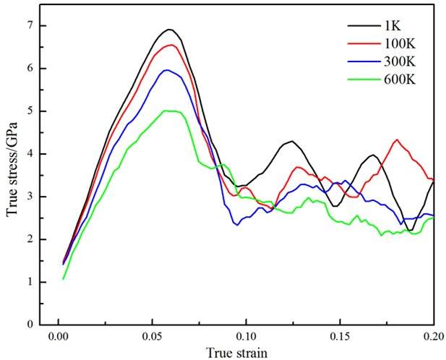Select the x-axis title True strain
246,353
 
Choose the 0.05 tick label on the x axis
152,337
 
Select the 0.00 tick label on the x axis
58,337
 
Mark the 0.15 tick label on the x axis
340,337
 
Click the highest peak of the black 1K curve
169,30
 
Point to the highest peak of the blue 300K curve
167,70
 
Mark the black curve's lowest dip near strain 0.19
410,231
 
